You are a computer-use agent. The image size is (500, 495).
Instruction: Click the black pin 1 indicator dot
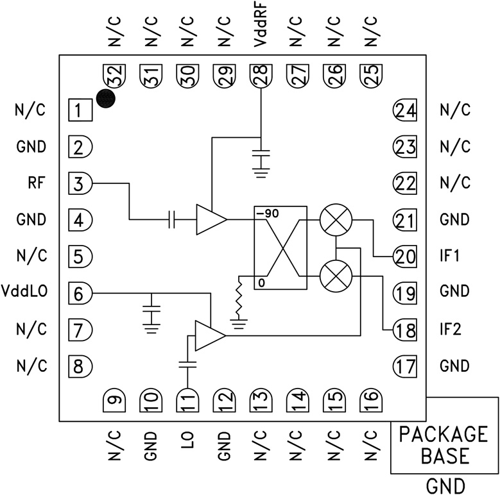coord(106,98)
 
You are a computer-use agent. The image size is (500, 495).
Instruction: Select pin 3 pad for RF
coord(80,185)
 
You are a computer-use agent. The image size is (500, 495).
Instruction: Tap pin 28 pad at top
coord(261,78)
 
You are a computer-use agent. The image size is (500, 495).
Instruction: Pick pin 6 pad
coord(80,294)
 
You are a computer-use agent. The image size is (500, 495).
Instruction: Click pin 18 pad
coord(405,330)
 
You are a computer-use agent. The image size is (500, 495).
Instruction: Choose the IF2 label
coord(453,330)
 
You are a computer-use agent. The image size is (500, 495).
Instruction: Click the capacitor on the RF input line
coord(171,220)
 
